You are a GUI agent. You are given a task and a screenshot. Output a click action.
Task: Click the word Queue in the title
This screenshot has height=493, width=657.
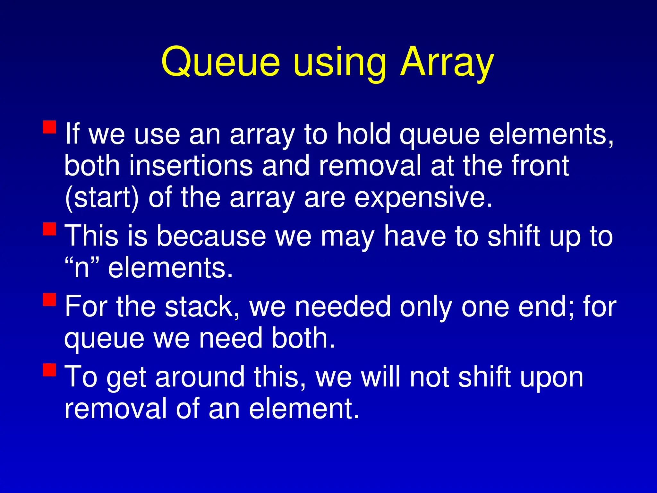coord(221,62)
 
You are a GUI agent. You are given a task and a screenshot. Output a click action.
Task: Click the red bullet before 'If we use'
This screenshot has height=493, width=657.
coord(49,127)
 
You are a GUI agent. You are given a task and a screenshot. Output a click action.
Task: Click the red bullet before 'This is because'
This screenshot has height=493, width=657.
coord(49,229)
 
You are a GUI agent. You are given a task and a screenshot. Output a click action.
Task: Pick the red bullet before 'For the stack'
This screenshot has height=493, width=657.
coord(49,299)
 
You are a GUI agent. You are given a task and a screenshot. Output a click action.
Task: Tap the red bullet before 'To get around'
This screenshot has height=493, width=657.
coord(49,369)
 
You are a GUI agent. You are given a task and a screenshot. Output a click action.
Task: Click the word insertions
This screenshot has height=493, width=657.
coord(191,166)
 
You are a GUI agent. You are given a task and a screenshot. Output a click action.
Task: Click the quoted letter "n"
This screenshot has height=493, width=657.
coord(82,268)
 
